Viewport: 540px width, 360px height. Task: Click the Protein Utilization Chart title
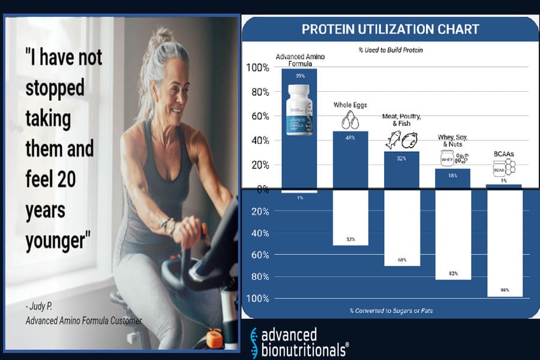pos(390,29)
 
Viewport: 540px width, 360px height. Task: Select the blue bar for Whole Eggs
pos(350,159)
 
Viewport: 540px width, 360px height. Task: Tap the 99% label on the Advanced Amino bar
pos(299,76)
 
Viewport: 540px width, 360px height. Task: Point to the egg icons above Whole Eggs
pos(350,119)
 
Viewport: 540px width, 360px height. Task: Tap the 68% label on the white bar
pos(402,260)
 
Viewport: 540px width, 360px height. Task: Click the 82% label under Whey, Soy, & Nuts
pos(453,274)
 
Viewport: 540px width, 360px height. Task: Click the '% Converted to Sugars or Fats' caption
pos(391,311)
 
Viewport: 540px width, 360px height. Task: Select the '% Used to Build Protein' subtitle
pos(391,50)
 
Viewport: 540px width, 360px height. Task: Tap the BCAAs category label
pos(503,154)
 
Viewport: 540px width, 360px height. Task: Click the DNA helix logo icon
pos(255,343)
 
